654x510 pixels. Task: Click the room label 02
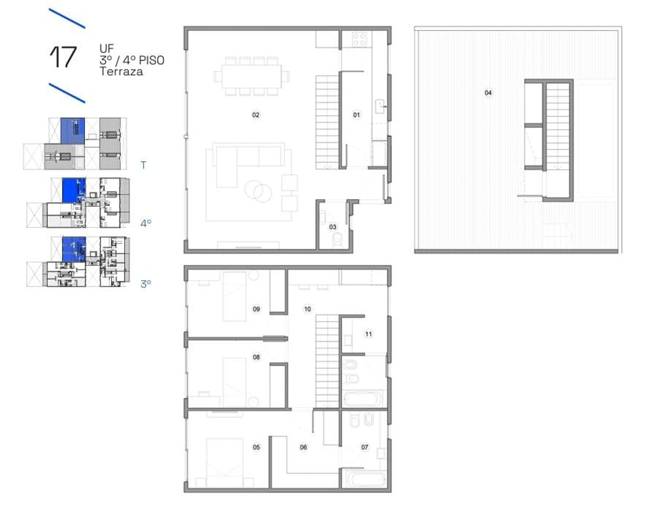tap(255, 115)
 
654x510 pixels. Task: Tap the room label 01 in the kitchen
tap(356, 115)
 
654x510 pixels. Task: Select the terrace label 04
tap(488, 93)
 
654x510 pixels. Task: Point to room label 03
tap(333, 227)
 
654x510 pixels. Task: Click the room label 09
tap(256, 309)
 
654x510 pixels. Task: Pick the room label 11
tap(369, 334)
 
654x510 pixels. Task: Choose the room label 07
tap(365, 447)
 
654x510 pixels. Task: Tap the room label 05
tap(256, 447)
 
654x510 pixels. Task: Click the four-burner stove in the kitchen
tap(360, 39)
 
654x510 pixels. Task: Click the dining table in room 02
tap(252, 77)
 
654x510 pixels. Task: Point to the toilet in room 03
tap(338, 239)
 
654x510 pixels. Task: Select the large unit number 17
tap(63, 57)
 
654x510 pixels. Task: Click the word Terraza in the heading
tap(121, 71)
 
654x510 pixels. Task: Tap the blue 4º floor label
tap(146, 223)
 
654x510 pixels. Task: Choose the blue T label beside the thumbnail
tap(143, 165)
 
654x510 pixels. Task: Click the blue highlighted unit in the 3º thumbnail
tap(74, 250)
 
